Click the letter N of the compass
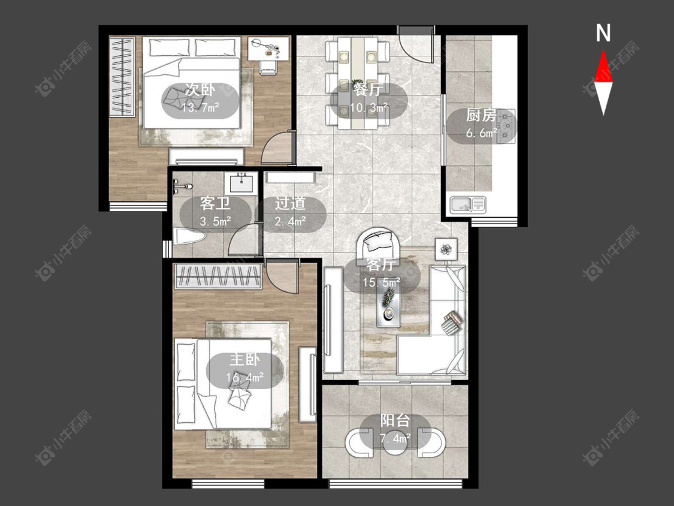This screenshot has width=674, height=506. point(603,33)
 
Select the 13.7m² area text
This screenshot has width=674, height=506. point(200,107)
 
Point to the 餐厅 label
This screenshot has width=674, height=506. point(368,89)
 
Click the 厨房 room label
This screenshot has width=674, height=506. point(482,115)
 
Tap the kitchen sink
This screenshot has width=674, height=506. point(468,204)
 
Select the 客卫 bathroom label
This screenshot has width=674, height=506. point(215,203)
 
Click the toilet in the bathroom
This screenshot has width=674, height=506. point(189,236)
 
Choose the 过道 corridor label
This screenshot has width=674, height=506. point(290,203)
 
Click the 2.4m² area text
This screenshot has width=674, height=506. point(290,221)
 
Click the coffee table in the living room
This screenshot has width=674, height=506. point(389,307)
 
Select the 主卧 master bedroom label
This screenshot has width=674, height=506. point(244,360)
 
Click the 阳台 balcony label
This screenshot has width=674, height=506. point(395,421)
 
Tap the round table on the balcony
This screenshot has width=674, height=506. point(395,442)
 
